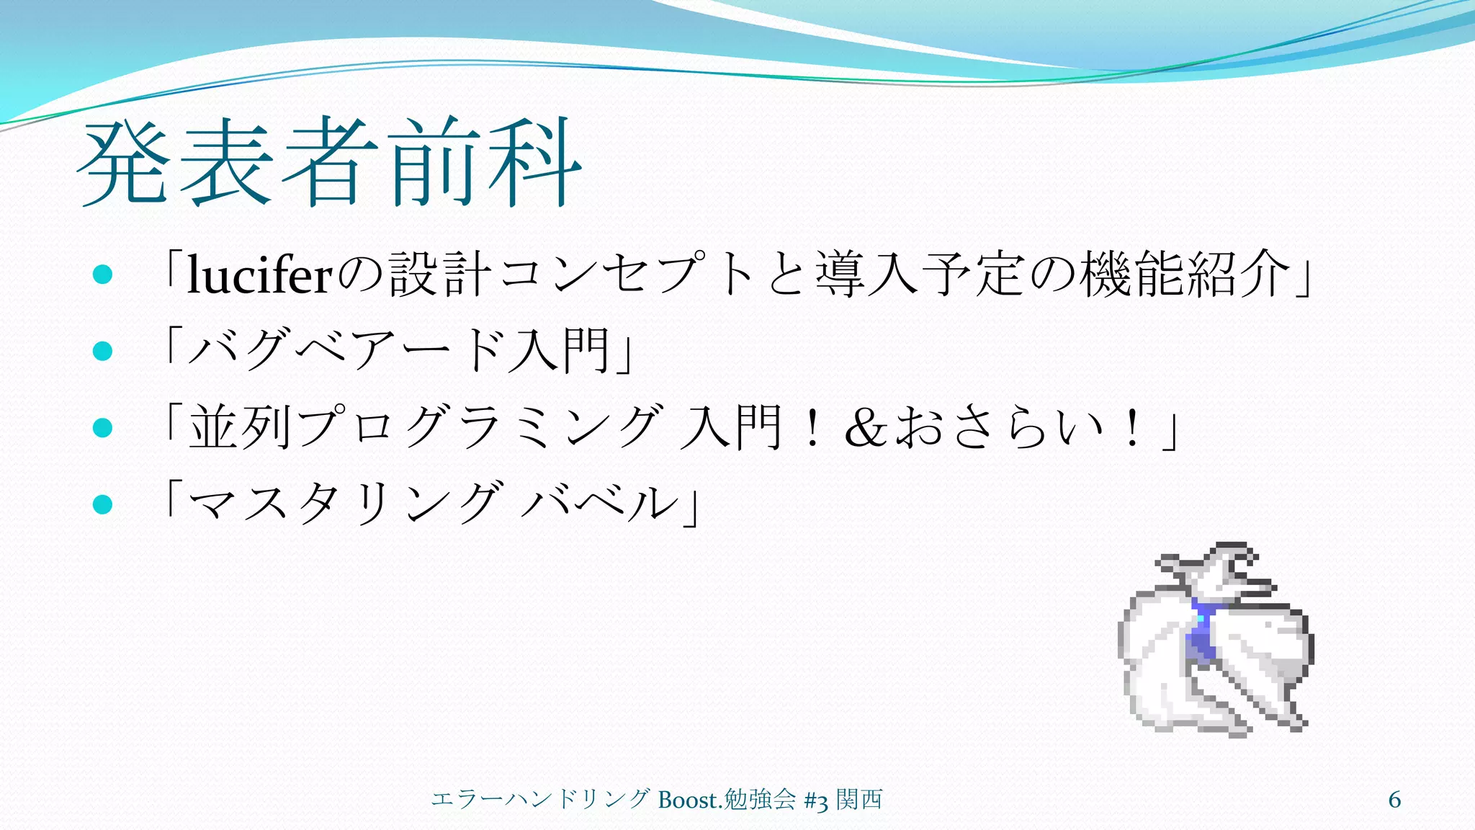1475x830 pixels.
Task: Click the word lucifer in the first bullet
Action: coord(259,275)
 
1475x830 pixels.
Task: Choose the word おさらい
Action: coord(1000,427)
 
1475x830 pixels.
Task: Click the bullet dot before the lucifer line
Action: coord(103,275)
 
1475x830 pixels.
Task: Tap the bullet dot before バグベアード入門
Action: coord(103,352)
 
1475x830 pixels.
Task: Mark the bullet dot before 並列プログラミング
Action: coord(103,428)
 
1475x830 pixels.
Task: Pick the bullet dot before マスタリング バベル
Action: coord(103,504)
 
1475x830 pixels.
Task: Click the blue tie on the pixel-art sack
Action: coord(1201,630)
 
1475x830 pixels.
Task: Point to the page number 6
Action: coord(1394,800)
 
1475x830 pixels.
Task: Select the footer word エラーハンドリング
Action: coord(540,800)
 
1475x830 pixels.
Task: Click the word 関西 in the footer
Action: coord(859,800)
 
